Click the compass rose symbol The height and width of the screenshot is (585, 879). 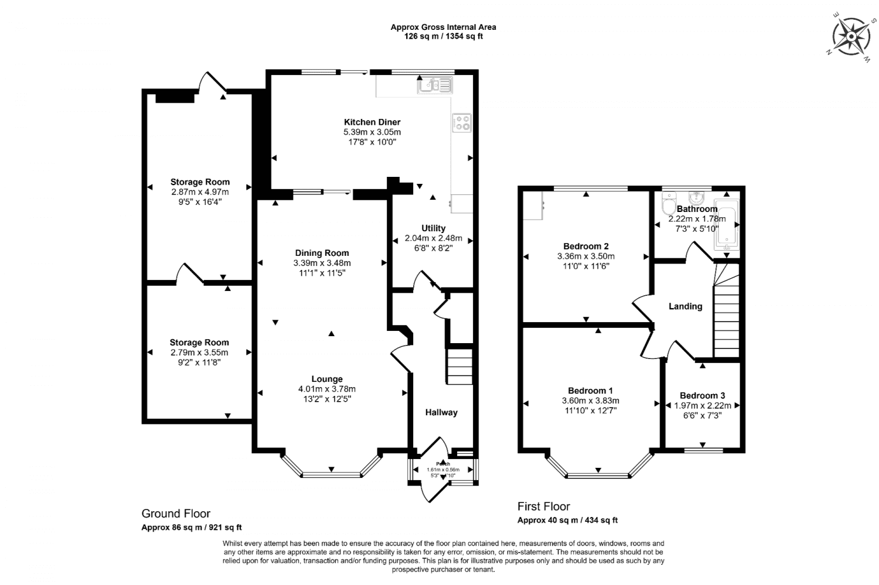849,36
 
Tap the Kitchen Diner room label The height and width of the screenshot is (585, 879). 372,122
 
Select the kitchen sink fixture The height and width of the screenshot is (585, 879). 435,86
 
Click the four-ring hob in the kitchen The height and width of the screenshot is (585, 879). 462,122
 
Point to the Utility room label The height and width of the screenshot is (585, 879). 433,228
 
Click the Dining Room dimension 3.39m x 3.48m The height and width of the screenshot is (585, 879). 322,263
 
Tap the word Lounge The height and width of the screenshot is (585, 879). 326,379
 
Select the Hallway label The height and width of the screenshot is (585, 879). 441,412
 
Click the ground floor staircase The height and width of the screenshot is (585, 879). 460,366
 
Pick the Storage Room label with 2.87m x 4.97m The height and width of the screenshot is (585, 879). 200,182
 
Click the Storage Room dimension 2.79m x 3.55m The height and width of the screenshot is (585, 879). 199,353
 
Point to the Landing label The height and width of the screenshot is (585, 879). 685,306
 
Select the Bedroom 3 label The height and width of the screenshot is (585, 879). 702,396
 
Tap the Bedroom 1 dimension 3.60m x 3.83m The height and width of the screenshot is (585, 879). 590,401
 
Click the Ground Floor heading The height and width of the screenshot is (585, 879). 176,514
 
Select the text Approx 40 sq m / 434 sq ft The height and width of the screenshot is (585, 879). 567,520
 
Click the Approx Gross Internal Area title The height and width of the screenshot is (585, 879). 443,27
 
